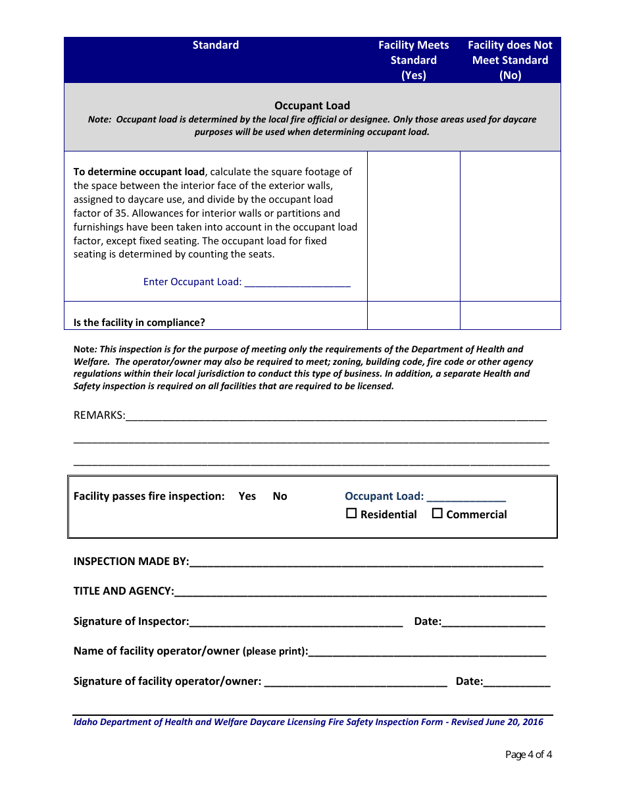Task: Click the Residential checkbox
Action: tap(351, 514)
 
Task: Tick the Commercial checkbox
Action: tap(437, 514)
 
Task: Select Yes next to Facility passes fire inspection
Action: tap(247, 497)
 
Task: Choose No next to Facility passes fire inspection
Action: tap(280, 497)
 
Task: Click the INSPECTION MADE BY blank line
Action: tap(366, 562)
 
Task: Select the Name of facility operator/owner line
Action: tap(427, 652)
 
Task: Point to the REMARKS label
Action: tap(99, 416)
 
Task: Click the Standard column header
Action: tap(216, 45)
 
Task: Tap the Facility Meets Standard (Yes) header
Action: tap(413, 60)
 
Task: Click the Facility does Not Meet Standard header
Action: tap(510, 60)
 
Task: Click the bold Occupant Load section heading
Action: tap(312, 105)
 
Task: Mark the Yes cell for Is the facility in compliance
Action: tap(413, 316)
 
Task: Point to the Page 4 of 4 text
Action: tap(528, 755)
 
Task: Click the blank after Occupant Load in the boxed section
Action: tap(466, 497)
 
